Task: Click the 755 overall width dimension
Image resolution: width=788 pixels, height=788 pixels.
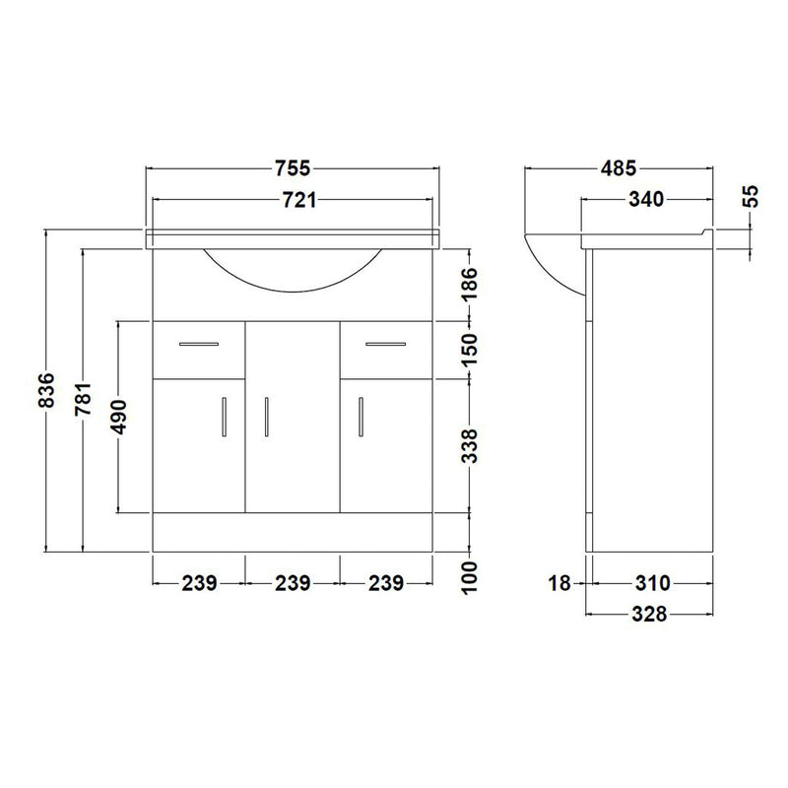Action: coord(293,168)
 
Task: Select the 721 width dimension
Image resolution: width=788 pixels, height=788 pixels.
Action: coord(299,201)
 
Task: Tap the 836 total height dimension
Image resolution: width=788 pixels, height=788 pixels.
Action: coord(46,390)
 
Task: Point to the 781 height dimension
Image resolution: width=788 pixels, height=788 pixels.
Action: coord(84,399)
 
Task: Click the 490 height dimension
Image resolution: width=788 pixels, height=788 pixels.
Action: coord(119,417)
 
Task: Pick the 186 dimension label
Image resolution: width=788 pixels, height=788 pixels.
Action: coord(469,284)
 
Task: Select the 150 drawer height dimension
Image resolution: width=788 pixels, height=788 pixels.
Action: coord(469,350)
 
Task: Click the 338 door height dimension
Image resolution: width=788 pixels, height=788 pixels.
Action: coord(469,445)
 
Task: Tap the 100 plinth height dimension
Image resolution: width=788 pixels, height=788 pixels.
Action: coord(469,578)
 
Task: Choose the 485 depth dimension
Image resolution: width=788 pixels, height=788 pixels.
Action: coord(619,168)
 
